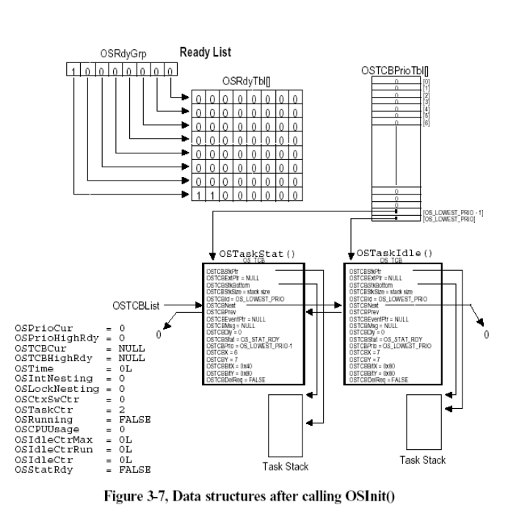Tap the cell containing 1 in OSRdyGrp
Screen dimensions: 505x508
click(x=73, y=71)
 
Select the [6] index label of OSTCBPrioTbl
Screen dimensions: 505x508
click(x=426, y=123)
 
